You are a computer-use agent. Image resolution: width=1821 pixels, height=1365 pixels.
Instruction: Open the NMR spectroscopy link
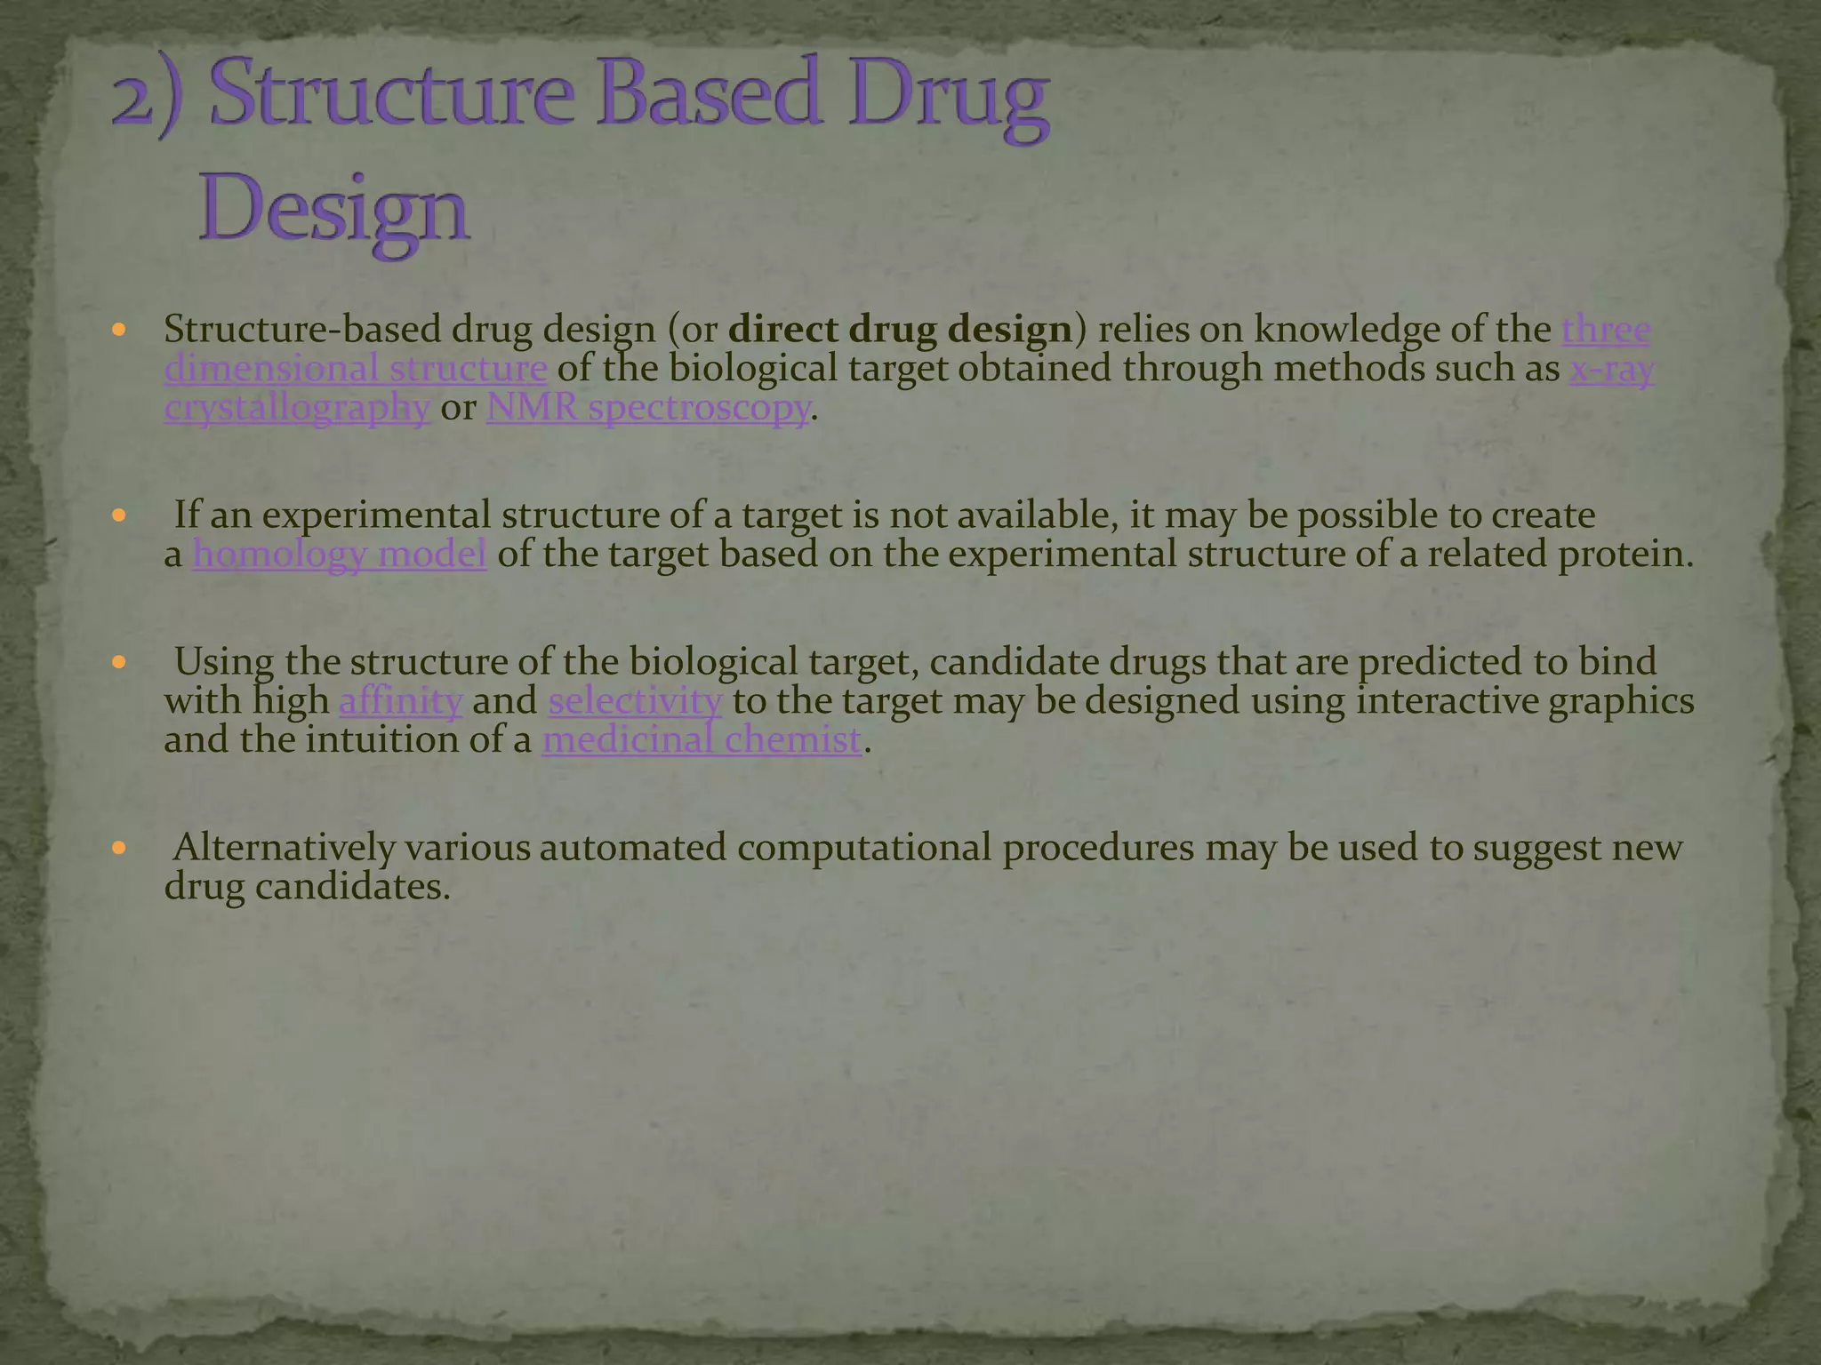pos(648,408)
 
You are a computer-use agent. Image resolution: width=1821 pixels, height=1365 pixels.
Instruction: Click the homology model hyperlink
pos(340,554)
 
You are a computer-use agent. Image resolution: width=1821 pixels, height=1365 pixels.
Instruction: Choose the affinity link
pos(401,700)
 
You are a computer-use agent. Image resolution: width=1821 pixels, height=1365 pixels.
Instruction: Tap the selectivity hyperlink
pos(635,700)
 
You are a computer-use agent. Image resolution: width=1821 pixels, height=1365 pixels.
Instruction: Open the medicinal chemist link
pos(702,739)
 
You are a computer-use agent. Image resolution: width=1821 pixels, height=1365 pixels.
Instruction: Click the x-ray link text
pos(1611,368)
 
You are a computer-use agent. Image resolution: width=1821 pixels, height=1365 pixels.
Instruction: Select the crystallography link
pos(297,408)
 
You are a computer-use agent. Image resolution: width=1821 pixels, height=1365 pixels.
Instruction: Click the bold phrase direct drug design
pos(900,330)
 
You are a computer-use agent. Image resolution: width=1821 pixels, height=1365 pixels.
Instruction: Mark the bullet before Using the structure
pos(120,662)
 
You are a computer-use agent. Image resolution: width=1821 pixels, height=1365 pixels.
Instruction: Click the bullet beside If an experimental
pos(120,515)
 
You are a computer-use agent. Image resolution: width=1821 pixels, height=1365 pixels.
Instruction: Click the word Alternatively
pos(284,848)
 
